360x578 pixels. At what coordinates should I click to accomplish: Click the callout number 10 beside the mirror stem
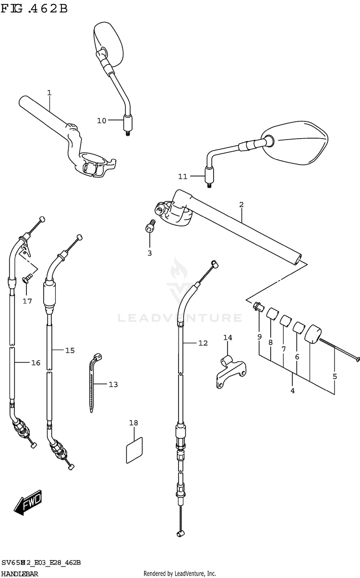click(101, 120)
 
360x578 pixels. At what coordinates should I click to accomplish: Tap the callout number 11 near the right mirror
click(182, 177)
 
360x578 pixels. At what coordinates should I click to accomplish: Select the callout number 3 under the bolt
click(149, 253)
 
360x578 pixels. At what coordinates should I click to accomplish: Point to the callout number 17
click(27, 301)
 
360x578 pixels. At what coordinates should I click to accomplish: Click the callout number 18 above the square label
click(133, 423)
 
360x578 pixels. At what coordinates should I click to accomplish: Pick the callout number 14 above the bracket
click(228, 338)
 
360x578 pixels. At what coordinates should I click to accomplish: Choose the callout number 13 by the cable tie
click(113, 384)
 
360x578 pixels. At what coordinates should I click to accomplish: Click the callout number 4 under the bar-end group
click(292, 390)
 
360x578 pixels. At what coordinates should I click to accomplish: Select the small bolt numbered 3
click(150, 226)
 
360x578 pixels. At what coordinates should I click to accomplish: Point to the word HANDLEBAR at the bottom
click(20, 574)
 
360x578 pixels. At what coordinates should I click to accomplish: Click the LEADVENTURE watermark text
click(180, 318)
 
